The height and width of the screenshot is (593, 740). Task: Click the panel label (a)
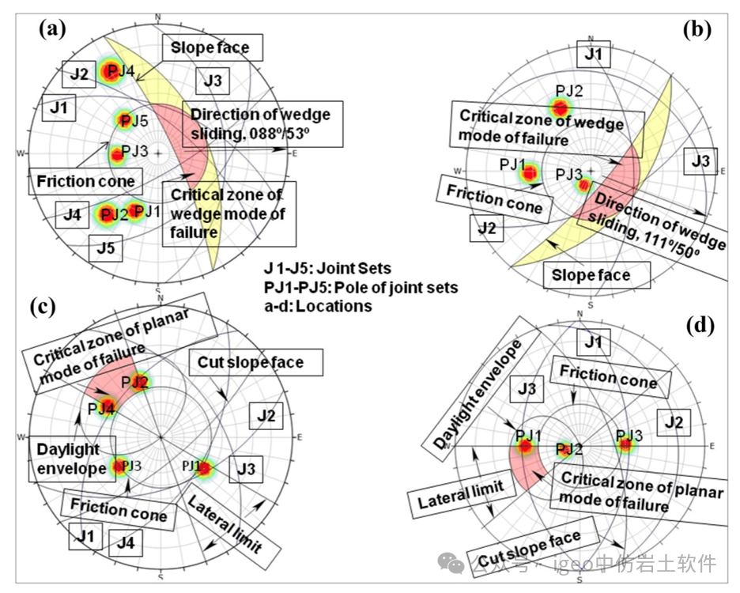click(x=52, y=29)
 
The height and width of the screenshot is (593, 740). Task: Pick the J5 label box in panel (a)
click(x=106, y=247)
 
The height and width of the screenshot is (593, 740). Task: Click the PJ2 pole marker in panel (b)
click(x=560, y=107)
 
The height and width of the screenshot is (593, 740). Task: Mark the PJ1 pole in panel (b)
click(x=529, y=172)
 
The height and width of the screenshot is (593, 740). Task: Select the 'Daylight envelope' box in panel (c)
click(x=73, y=459)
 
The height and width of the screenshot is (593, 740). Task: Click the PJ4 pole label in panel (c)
click(x=102, y=408)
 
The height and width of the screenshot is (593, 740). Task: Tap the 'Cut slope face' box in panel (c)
click(x=257, y=363)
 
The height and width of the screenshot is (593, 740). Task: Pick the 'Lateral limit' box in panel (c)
click(x=227, y=524)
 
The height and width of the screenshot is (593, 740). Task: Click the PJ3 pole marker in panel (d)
click(x=626, y=444)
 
